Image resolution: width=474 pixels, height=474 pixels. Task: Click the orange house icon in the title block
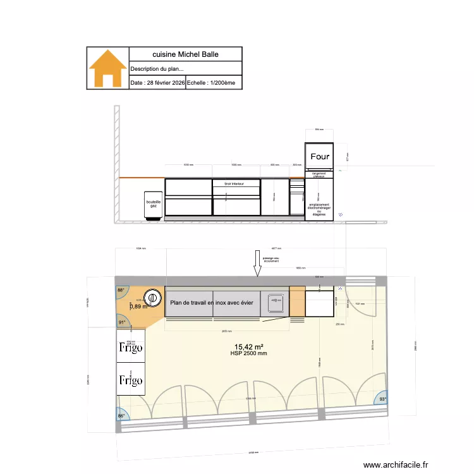pyautogui.click(x=107, y=68)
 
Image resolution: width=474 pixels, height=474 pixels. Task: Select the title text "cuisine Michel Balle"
pyautogui.click(x=185, y=55)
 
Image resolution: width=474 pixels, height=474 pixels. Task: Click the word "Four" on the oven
pyautogui.click(x=320, y=156)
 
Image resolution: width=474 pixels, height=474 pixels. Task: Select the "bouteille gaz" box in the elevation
pyautogui.click(x=154, y=205)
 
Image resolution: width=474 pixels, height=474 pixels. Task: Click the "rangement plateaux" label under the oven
pyautogui.click(x=319, y=175)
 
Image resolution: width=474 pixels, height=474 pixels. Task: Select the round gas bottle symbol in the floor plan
pyautogui.click(x=152, y=297)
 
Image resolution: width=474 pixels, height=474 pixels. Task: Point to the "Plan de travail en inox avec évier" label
pyautogui.click(x=212, y=303)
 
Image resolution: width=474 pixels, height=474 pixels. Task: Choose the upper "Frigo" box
pyautogui.click(x=130, y=346)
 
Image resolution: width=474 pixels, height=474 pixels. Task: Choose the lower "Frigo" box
pyautogui.click(x=130, y=380)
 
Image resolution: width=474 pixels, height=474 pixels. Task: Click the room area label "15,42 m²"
pyautogui.click(x=248, y=346)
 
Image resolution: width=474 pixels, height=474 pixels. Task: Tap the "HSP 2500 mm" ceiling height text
pyautogui.click(x=248, y=353)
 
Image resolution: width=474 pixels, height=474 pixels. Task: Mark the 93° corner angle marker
pyautogui.click(x=382, y=399)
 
